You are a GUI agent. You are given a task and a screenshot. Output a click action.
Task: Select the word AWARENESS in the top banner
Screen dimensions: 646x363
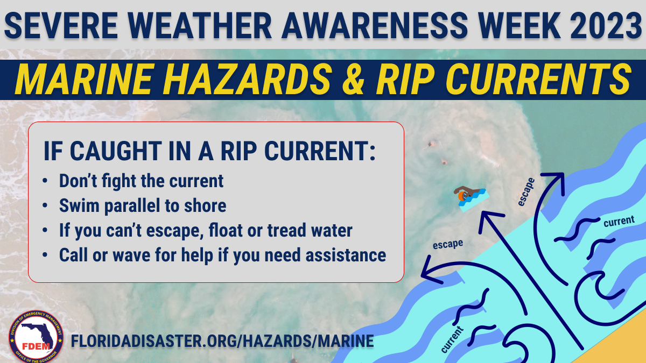click(x=375, y=25)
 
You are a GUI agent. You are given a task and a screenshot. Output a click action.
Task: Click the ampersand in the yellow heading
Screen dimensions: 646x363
click(x=353, y=79)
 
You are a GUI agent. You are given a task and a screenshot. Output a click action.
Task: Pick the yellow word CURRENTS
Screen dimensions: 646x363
click(x=538, y=79)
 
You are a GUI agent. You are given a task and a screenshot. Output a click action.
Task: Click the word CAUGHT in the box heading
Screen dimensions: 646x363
click(x=116, y=151)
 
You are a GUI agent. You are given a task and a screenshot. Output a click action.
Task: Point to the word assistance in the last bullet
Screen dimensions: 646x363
click(x=346, y=255)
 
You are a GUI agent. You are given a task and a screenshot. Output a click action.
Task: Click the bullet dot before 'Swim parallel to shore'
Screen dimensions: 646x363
click(x=45, y=205)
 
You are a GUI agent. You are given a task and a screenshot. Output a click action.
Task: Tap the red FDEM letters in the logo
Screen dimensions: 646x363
click(x=36, y=346)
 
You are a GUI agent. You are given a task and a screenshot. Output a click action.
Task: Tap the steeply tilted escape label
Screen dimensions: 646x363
click(x=526, y=192)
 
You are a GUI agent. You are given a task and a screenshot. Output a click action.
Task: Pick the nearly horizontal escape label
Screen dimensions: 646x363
click(x=448, y=244)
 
